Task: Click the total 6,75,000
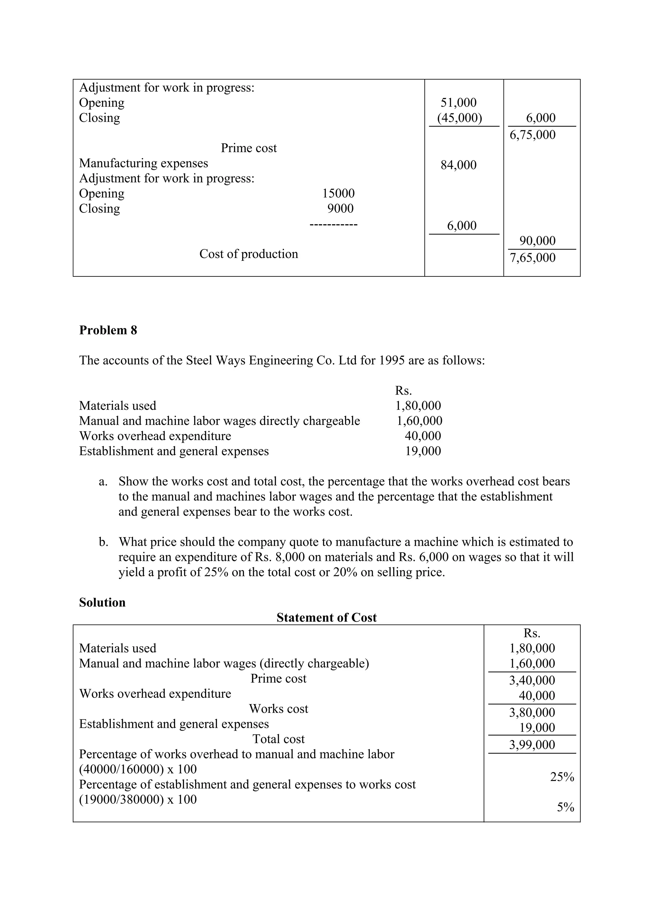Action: (532, 135)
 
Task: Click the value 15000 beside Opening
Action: (338, 193)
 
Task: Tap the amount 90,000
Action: (537, 241)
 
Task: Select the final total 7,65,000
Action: (532, 258)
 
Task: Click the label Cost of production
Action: (249, 254)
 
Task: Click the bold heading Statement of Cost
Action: (326, 618)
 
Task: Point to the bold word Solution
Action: (102, 602)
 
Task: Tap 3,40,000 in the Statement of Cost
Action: (532, 680)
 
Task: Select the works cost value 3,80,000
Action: (532, 712)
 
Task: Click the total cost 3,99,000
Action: (532, 745)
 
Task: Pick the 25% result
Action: (562, 777)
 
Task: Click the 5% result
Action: (565, 807)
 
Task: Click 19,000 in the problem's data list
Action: (422, 451)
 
